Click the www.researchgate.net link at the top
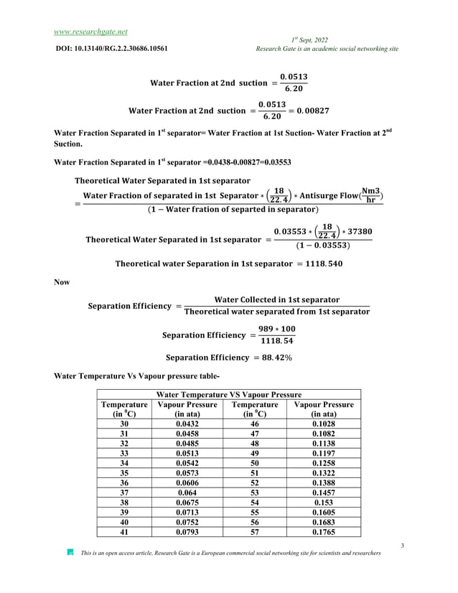(x=90, y=32)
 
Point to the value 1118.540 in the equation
(x=319, y=263)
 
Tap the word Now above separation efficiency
(x=62, y=283)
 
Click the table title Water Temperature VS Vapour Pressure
(x=228, y=394)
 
